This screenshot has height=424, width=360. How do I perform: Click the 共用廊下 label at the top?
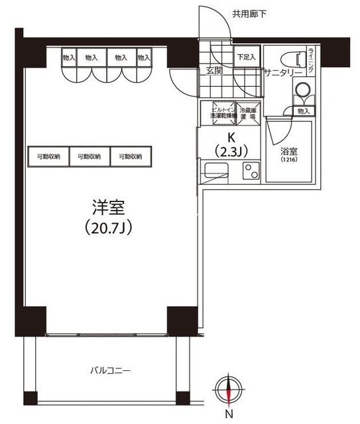[249, 13]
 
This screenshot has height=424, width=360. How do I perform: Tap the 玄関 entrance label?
[213, 71]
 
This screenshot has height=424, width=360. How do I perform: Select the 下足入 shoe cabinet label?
[247, 58]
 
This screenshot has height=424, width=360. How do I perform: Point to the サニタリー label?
[282, 73]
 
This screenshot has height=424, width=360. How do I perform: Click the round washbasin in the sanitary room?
[303, 90]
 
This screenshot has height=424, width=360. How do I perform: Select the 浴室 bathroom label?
[289, 150]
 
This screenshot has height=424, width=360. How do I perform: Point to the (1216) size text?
[289, 160]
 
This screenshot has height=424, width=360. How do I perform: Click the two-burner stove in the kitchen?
[252, 170]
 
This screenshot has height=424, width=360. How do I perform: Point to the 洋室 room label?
[109, 206]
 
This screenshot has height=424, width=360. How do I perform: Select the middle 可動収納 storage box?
[89, 156]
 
